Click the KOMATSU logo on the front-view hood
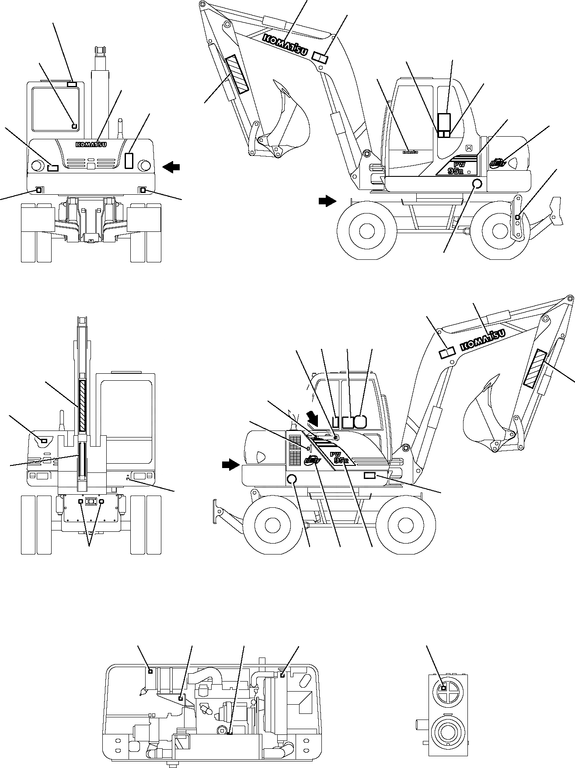pyautogui.click(x=91, y=145)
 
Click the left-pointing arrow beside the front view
pyautogui.click(x=171, y=166)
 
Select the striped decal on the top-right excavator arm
pyautogui.click(x=237, y=74)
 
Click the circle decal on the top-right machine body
pyautogui.click(x=477, y=184)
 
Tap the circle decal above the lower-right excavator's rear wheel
pyautogui.click(x=292, y=479)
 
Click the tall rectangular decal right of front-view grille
pyautogui.click(x=129, y=161)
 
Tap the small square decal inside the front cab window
pyautogui.click(x=74, y=126)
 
